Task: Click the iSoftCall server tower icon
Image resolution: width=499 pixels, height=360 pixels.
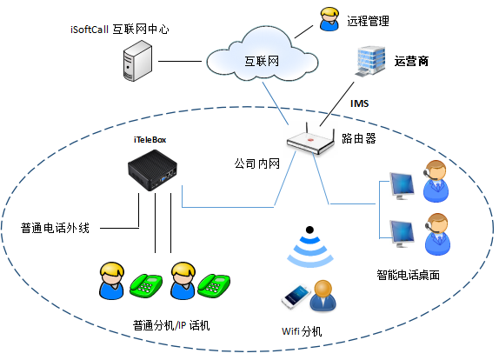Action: (137, 61)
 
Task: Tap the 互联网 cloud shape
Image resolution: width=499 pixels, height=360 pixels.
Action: (262, 55)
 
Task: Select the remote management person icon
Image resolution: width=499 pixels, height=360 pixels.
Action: (329, 19)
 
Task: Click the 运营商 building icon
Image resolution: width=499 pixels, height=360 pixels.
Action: (370, 61)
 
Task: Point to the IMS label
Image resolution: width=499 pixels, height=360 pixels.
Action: (359, 103)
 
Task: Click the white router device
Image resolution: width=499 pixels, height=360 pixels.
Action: (310, 139)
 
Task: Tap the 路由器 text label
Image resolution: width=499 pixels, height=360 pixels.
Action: (359, 138)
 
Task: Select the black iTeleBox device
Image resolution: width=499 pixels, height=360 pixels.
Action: (152, 170)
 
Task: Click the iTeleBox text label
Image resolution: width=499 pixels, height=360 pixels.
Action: (150, 140)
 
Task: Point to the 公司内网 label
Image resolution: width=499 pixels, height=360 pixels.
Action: (257, 163)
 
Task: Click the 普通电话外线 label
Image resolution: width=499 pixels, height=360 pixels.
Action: (55, 228)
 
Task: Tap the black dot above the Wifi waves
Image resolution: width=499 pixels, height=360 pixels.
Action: (309, 230)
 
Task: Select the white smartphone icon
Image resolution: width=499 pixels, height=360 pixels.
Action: (296, 297)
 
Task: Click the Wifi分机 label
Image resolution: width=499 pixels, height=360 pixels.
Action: (302, 331)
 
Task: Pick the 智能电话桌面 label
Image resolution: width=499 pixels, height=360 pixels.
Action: (409, 275)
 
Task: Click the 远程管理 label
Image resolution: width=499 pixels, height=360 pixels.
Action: (369, 21)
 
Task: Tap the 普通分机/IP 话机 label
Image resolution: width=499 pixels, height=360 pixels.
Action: (171, 325)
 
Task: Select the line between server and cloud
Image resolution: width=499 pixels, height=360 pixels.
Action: (180, 61)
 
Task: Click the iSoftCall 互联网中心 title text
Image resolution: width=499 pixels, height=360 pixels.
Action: (120, 30)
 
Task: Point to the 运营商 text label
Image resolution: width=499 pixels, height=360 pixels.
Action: (411, 61)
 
